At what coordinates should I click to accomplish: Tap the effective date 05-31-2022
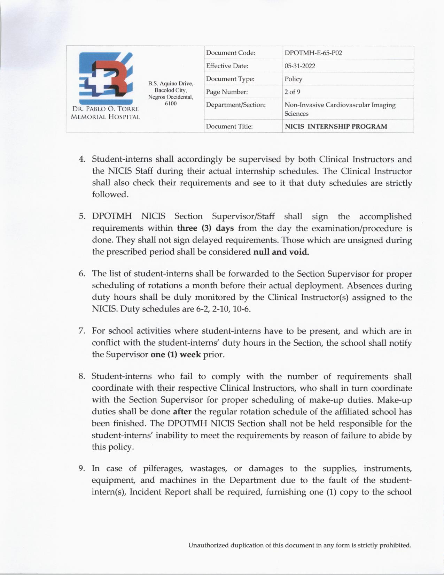pos(300,66)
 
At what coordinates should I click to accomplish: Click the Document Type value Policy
pos(293,79)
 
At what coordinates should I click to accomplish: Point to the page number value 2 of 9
pos(293,92)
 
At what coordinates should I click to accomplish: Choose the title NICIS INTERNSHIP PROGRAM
pos(336,127)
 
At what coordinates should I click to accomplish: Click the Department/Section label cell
pos(236,105)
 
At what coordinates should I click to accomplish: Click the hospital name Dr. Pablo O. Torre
pos(105,110)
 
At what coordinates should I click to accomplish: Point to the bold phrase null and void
pos(281,252)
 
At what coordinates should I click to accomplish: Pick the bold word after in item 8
pos(182,412)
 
